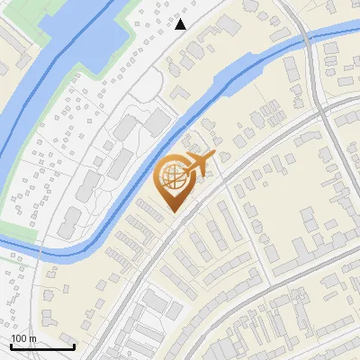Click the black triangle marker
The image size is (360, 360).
pyautogui.click(x=181, y=24)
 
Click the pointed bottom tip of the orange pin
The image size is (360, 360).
pyautogui.click(x=173, y=211)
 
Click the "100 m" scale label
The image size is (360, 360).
pyautogui.click(x=23, y=338)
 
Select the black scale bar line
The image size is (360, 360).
pyautogui.click(x=42, y=346)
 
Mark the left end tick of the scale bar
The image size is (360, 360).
pyautogui.click(x=12, y=345)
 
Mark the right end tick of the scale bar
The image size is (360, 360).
pyautogui.click(x=74, y=345)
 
